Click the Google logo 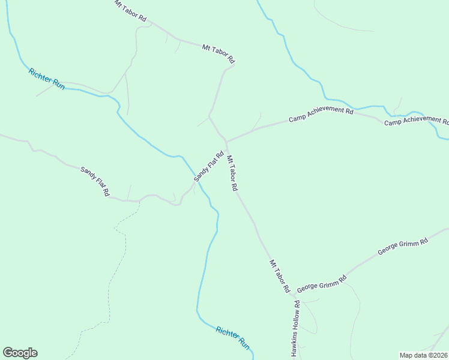[20, 353]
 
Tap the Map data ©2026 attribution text [423, 355]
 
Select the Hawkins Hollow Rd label [295, 329]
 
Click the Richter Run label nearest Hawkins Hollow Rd [233, 337]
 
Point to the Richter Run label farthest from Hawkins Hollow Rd [46, 79]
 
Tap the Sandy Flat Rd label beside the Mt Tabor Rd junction [208, 166]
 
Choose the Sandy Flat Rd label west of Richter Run [95, 182]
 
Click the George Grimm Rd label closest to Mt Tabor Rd [322, 282]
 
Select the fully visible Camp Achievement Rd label [321, 114]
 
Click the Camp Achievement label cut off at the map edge [416, 121]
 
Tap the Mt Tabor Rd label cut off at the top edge [130, 11]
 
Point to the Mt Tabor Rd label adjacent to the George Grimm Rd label [279, 276]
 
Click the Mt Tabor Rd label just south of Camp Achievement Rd [232, 173]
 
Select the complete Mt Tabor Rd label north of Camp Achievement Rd [218, 53]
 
